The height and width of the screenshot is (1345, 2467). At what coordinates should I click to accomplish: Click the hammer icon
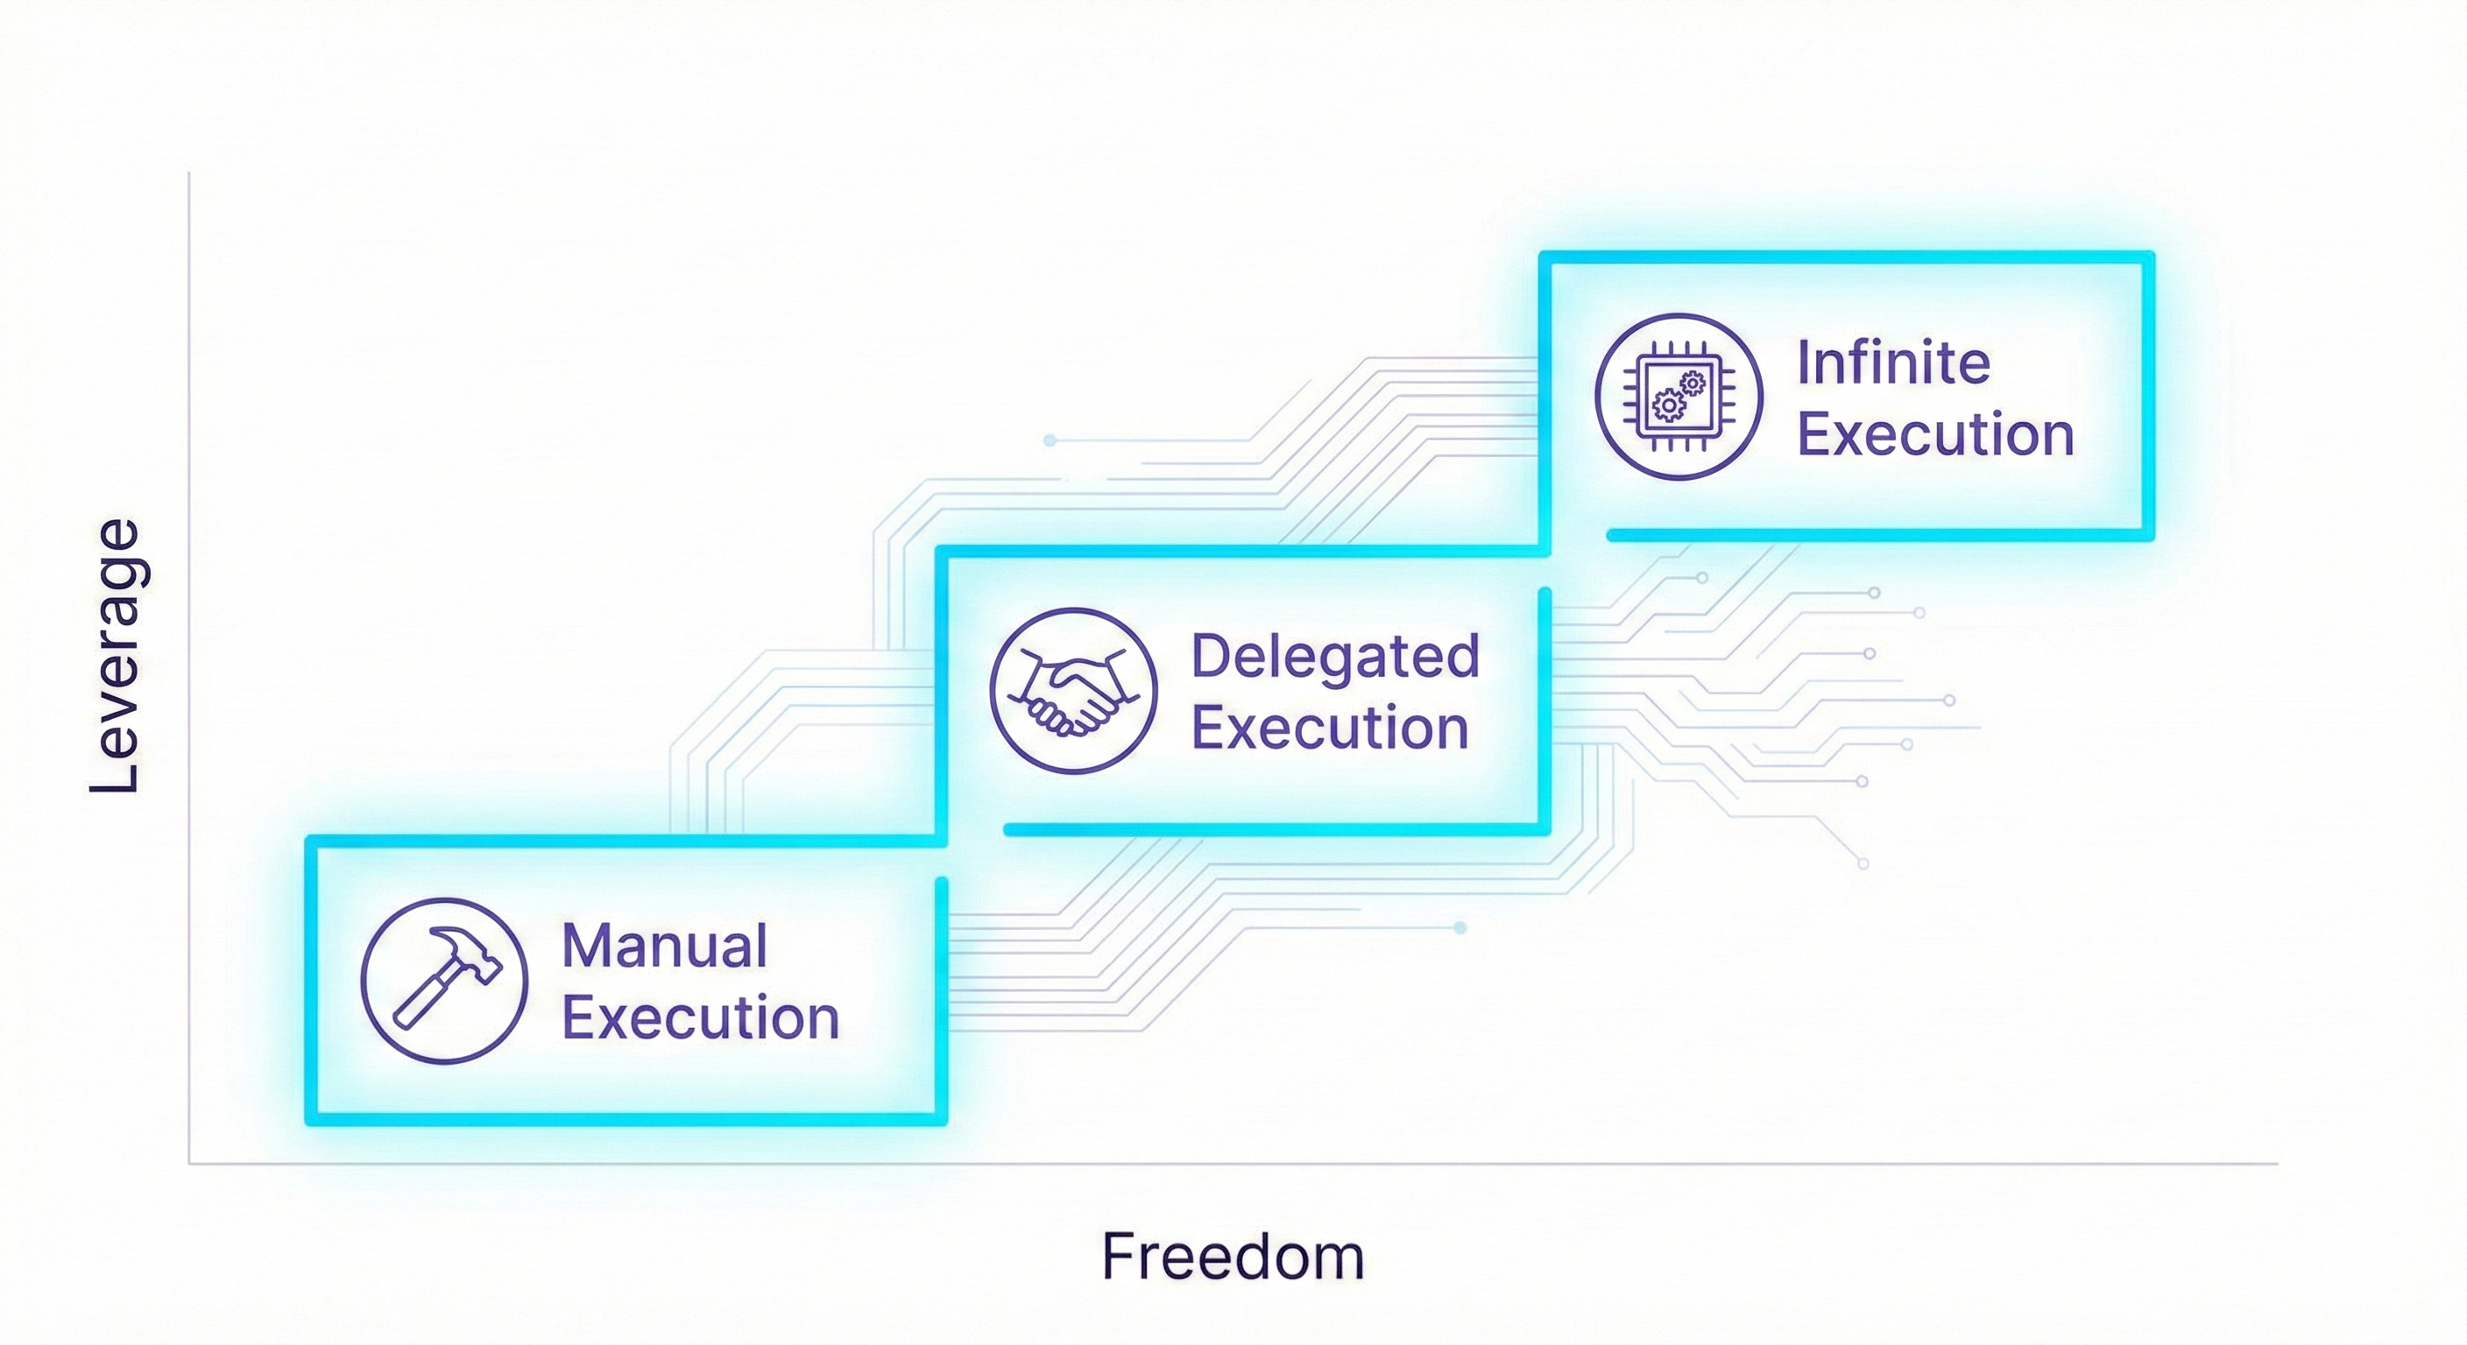click(x=444, y=979)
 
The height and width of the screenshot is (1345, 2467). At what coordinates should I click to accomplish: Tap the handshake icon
click(x=1072, y=690)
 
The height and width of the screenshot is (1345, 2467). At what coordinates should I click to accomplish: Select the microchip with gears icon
click(x=1678, y=396)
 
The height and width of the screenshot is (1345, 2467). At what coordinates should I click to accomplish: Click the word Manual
click(x=665, y=946)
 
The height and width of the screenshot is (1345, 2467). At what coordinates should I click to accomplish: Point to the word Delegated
click(x=1335, y=657)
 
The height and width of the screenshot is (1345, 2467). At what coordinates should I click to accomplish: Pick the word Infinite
click(x=1893, y=363)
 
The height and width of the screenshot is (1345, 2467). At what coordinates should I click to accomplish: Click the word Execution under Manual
click(x=700, y=1017)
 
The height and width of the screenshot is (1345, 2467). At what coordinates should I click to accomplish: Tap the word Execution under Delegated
click(x=1330, y=728)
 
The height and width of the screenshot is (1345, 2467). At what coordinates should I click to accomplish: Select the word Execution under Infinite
click(x=1935, y=434)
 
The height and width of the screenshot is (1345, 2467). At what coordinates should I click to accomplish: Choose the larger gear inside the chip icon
click(x=1669, y=406)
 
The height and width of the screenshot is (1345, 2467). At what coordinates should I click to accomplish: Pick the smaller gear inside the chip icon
click(x=1693, y=384)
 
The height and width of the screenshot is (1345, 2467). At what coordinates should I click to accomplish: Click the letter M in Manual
click(x=585, y=946)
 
